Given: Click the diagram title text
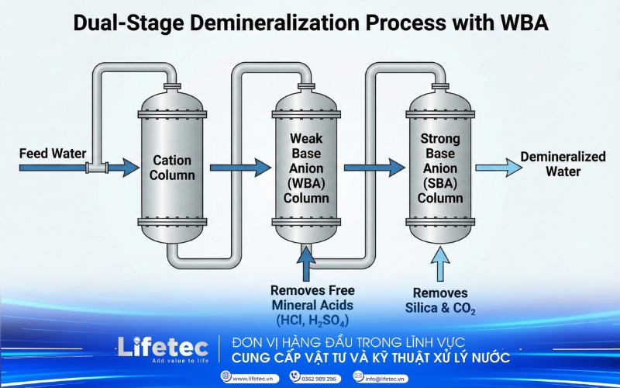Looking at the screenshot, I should click(310, 23).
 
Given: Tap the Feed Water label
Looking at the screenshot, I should click(53, 153).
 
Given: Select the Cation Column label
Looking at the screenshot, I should click(172, 168).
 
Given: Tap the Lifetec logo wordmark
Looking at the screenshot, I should click(160, 346).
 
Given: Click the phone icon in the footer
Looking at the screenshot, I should click(294, 376).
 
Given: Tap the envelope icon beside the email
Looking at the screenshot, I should click(358, 376).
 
